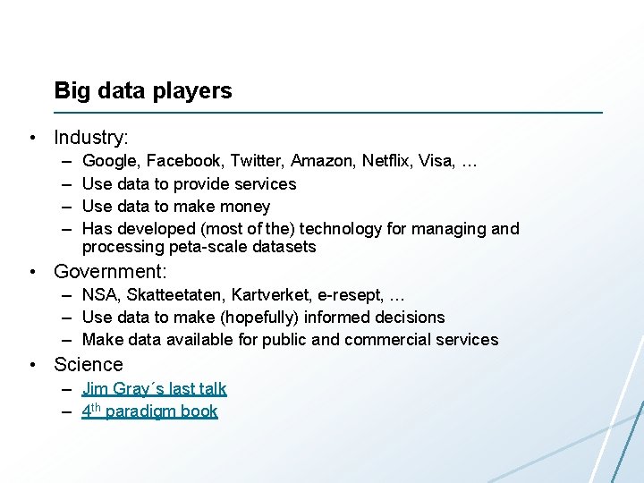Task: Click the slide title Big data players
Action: [143, 90]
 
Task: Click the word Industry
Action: [89, 138]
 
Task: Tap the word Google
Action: [109, 162]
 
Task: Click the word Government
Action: [109, 271]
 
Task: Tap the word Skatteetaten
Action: [175, 295]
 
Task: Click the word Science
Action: [89, 364]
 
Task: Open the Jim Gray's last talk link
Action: [154, 389]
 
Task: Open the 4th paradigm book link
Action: [150, 411]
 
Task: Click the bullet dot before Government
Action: [32, 272]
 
